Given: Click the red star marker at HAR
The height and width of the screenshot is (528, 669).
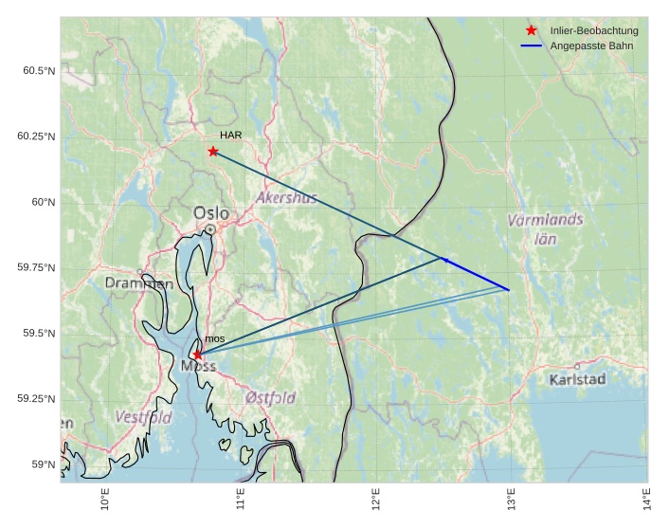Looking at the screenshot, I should pos(213,151).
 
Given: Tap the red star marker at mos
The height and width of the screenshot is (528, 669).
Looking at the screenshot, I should pos(197,355).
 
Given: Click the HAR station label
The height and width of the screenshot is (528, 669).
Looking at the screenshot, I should pos(230,136).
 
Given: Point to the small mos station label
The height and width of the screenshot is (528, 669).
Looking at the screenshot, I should pos(215,338).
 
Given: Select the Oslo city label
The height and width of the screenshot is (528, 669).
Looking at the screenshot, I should pos(211,212).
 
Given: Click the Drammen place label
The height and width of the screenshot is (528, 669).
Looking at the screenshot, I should pos(138,282).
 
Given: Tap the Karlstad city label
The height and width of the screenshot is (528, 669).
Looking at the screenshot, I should pos(577,379).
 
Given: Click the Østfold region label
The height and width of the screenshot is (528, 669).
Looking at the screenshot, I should pos(270,397).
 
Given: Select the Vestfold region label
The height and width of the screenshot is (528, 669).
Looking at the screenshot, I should pos(143,417).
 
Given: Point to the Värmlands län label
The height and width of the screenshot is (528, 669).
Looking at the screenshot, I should pos(545,228).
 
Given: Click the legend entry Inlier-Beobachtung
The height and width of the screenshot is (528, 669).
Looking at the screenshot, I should pos(593,31).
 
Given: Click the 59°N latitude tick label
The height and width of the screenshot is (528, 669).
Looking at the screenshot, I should pos(42,464).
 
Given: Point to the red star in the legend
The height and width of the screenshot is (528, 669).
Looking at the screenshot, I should pos(531,31).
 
